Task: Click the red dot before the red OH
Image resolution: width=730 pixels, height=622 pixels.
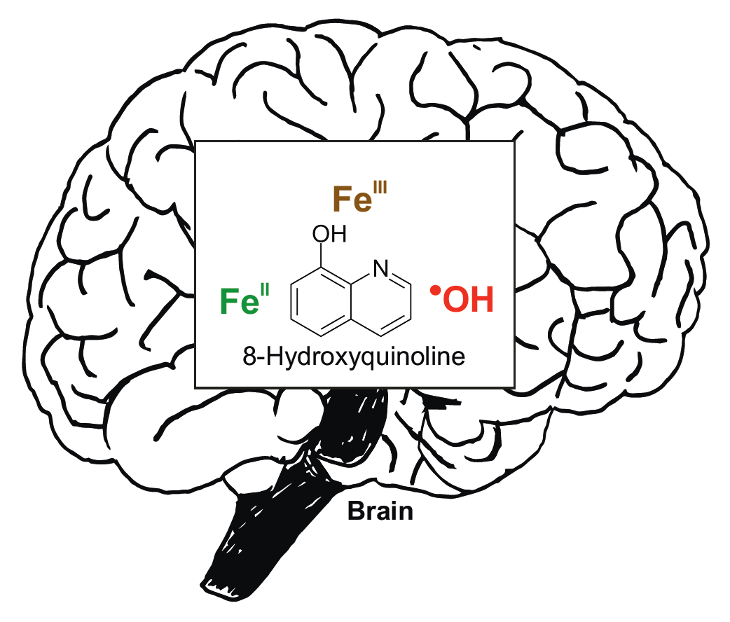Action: coord(436,291)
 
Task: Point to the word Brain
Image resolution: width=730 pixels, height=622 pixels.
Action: coord(380,511)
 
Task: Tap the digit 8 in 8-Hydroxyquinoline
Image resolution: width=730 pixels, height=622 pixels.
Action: coord(249,358)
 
